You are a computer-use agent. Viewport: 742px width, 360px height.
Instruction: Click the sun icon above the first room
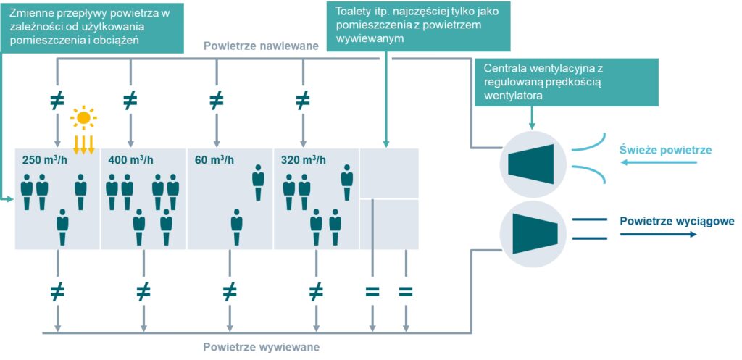coord(83,117)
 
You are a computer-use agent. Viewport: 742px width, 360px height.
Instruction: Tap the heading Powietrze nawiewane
coord(262,46)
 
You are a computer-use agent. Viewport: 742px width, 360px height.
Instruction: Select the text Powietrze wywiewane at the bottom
coord(262,346)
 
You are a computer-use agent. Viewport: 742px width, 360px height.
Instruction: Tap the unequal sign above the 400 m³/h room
coord(130,101)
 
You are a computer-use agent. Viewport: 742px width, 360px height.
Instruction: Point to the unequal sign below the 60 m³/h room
coord(229,292)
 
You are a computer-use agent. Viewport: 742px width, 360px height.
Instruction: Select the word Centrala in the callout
coord(504,68)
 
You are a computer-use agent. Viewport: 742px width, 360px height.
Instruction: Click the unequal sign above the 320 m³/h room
coord(303,101)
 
